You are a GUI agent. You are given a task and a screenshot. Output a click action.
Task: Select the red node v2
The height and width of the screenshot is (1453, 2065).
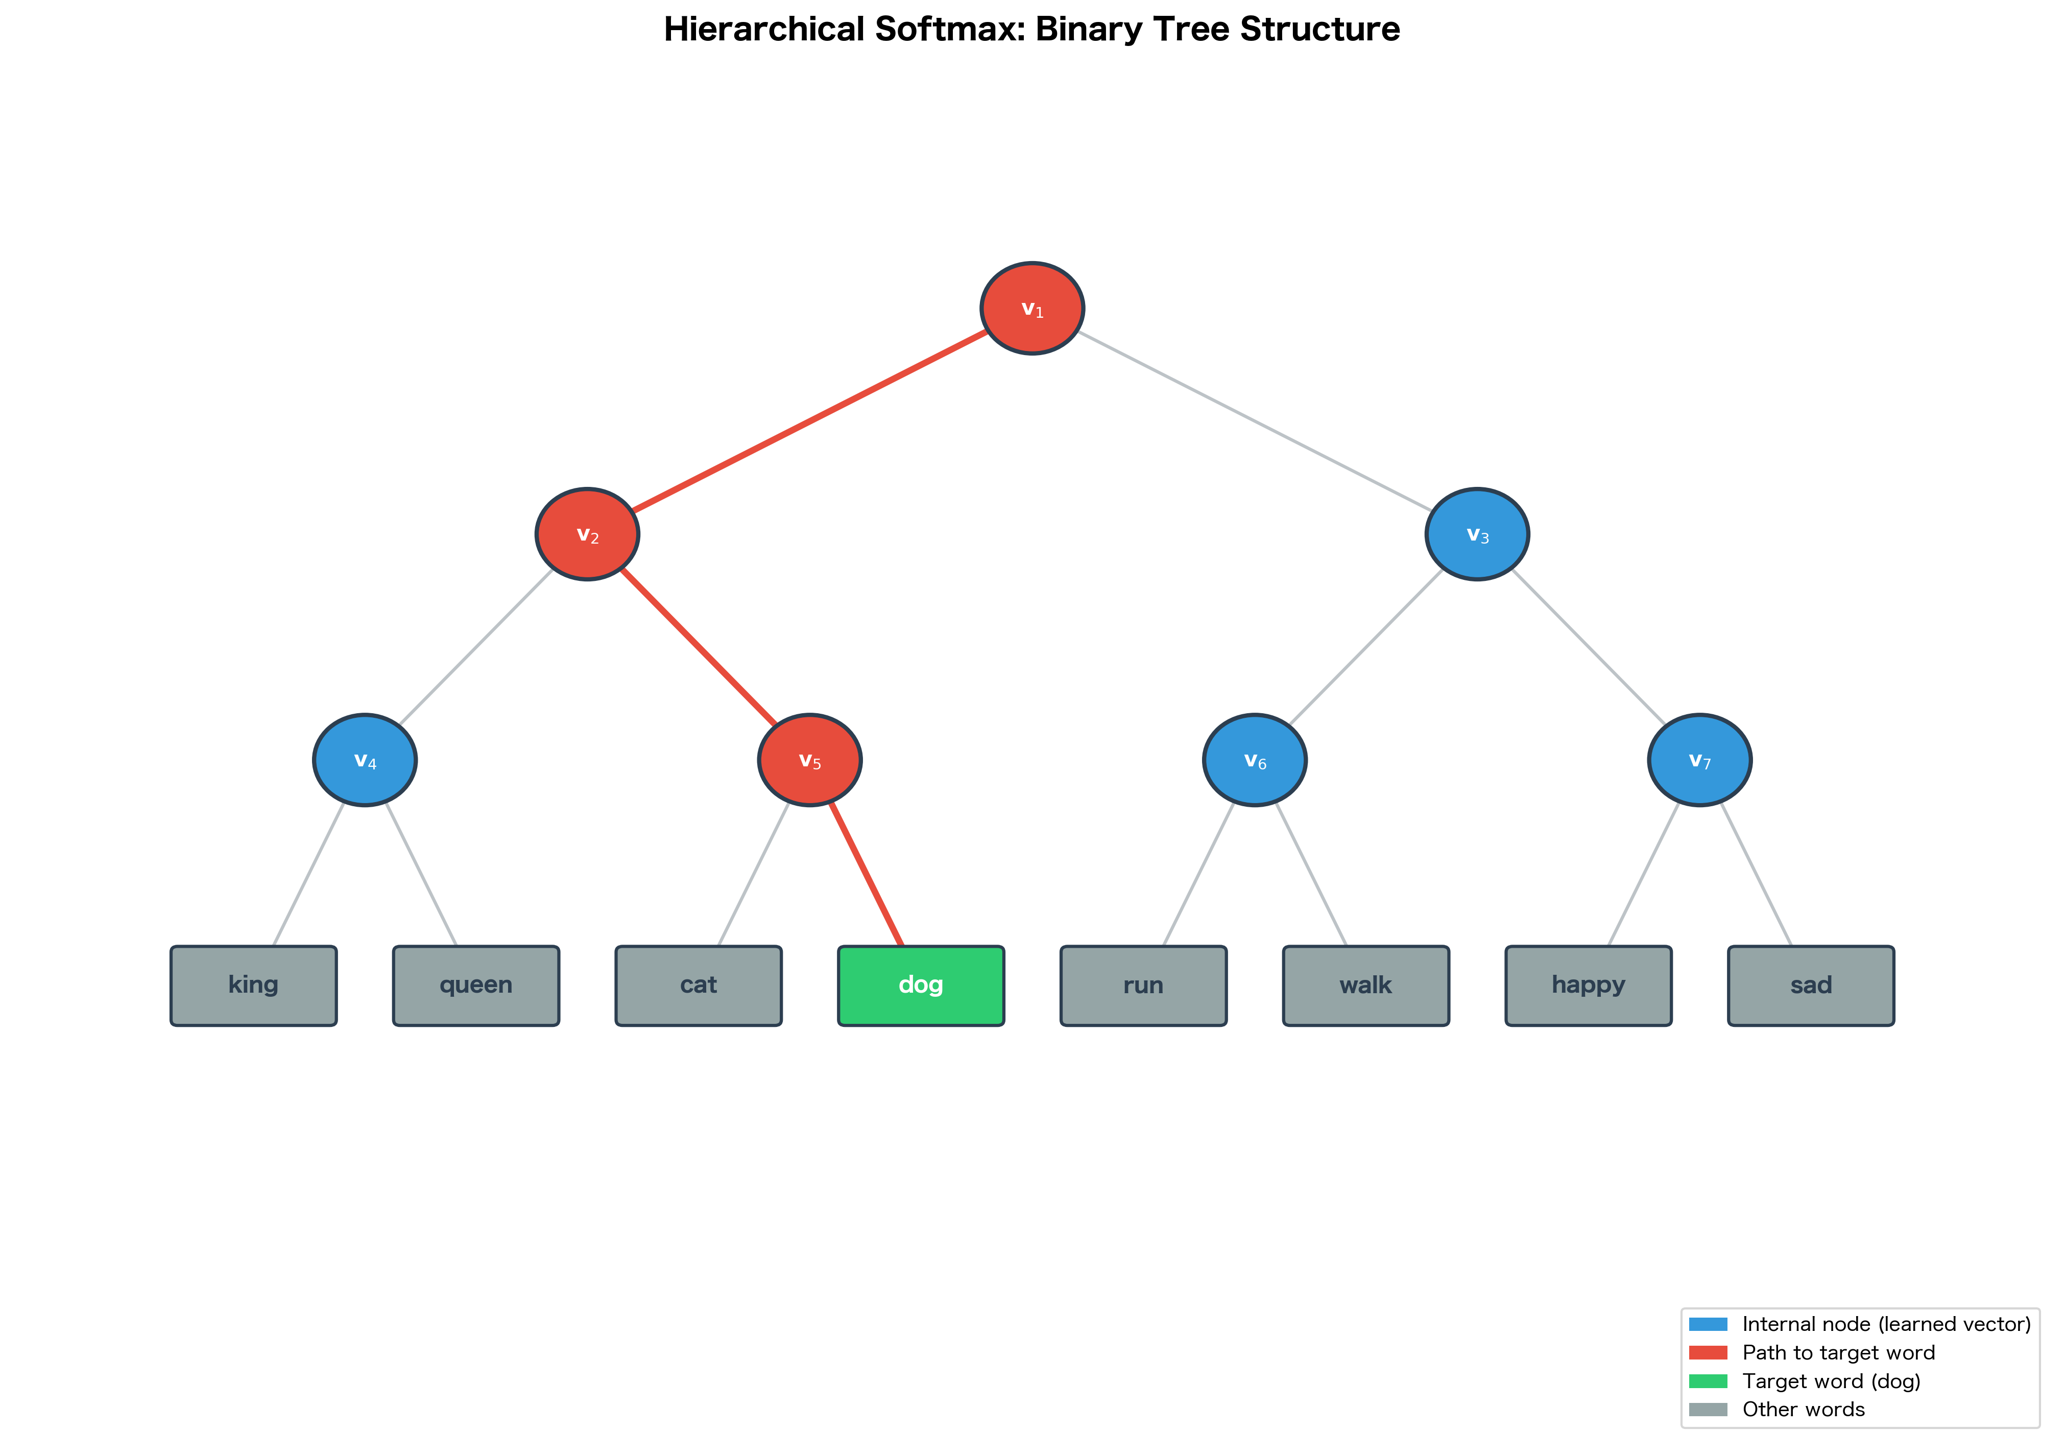587,534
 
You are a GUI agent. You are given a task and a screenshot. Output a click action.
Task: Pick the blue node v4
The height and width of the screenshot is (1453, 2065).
365,760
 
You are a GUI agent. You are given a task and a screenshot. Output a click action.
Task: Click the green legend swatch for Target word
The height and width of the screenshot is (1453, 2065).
1708,1381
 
